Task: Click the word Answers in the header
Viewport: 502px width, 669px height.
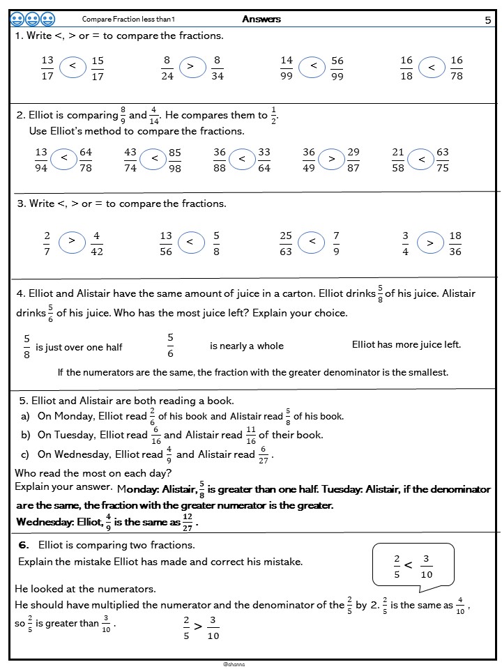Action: (x=261, y=19)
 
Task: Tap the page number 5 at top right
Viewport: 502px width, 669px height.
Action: (x=487, y=20)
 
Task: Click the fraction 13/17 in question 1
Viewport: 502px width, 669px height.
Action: (x=47, y=68)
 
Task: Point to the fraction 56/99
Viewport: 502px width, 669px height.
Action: (x=337, y=68)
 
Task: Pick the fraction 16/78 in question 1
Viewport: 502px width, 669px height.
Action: (x=457, y=68)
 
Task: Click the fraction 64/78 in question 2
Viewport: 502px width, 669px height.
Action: (x=86, y=160)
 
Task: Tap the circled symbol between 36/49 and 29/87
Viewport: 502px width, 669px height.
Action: (x=332, y=160)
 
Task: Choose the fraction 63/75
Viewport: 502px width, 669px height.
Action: (x=443, y=160)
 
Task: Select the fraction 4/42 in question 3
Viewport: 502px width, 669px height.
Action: (x=97, y=243)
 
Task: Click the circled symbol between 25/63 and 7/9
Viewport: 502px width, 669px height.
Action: (x=312, y=242)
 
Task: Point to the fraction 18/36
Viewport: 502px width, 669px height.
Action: (x=455, y=243)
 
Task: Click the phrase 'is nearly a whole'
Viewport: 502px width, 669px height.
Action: (x=247, y=346)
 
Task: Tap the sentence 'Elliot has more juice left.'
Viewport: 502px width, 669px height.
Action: (x=406, y=344)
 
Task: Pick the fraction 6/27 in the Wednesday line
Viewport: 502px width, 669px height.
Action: (x=264, y=454)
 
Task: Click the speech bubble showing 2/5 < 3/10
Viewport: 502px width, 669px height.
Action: (x=413, y=564)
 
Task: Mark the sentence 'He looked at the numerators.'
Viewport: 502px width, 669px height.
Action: (x=85, y=589)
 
